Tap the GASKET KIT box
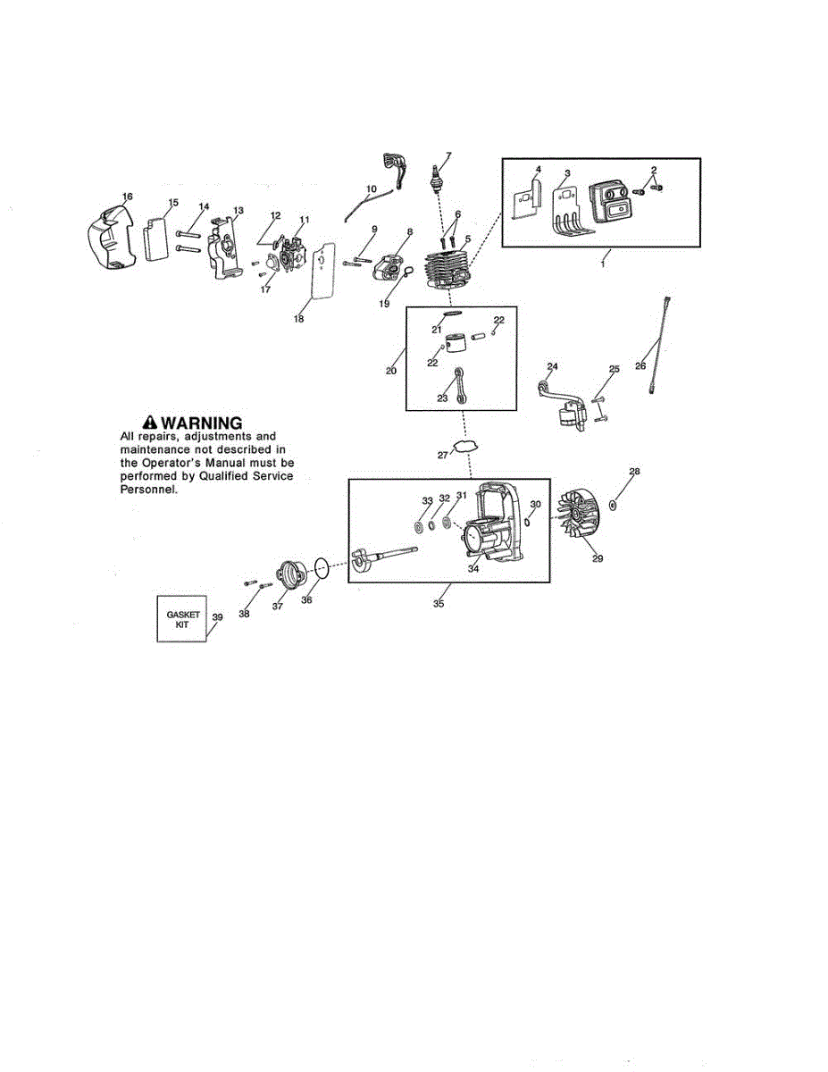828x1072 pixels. [182, 619]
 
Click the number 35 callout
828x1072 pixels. [438, 605]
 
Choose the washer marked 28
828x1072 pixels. [614, 505]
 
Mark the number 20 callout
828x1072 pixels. [391, 370]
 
